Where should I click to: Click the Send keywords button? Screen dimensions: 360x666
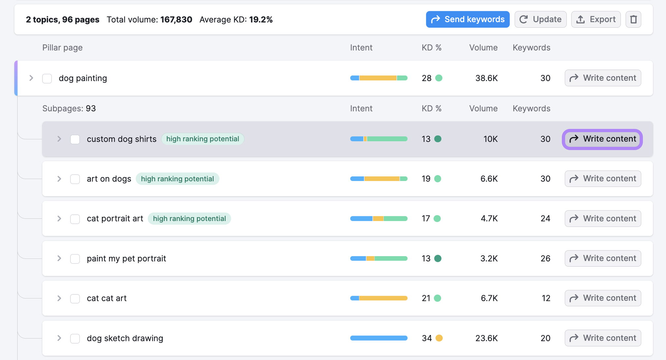(x=468, y=19)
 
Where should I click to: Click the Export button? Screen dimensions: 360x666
(x=596, y=19)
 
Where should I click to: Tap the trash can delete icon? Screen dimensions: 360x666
(x=633, y=19)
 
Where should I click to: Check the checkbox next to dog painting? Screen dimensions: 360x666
(x=47, y=78)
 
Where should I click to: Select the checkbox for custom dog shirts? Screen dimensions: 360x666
(x=75, y=139)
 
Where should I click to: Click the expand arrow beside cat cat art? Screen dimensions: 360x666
(x=59, y=298)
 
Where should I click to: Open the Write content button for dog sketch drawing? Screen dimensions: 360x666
(x=603, y=338)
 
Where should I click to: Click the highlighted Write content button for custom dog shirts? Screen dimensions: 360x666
(x=602, y=139)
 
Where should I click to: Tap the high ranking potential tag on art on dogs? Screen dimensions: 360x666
(x=177, y=179)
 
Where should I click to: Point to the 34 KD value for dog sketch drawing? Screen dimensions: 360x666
(x=427, y=338)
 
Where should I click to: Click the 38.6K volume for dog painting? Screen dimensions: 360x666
(x=486, y=78)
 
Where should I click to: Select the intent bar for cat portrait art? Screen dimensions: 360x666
(x=379, y=219)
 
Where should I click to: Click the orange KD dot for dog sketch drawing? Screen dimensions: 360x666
(x=439, y=338)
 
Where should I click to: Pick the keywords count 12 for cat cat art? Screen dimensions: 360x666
(x=546, y=298)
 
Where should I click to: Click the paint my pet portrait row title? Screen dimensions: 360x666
(x=126, y=258)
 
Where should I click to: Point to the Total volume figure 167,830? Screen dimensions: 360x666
(x=176, y=20)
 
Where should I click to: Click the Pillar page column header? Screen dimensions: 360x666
(x=62, y=48)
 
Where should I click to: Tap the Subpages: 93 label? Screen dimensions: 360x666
(x=69, y=108)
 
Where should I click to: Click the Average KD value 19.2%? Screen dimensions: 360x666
(x=261, y=20)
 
